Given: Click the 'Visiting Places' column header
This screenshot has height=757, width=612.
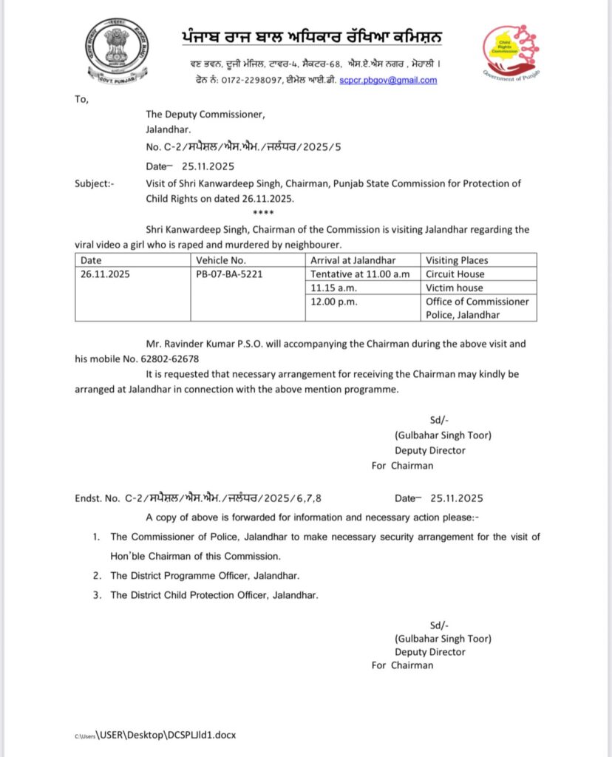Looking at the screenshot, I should (457, 260).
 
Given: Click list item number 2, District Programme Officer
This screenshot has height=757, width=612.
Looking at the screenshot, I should (205, 575).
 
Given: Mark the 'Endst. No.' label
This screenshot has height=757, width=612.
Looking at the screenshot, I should (98, 498).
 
